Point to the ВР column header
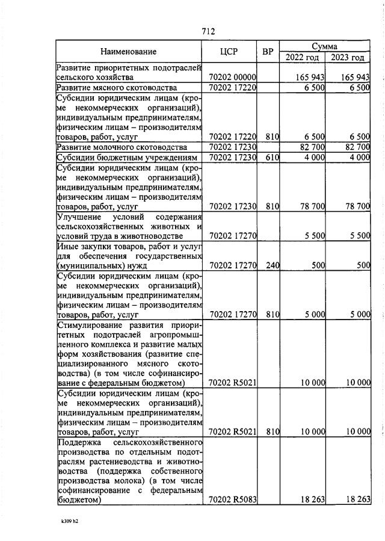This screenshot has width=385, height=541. point(268,52)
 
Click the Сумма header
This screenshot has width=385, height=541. point(324,46)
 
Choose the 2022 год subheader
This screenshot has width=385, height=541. point(302,57)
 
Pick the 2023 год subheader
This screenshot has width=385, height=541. point(348,57)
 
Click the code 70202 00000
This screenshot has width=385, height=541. point(232,78)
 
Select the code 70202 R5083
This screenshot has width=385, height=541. point(232,499)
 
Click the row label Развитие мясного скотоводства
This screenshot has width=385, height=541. point(109,88)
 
